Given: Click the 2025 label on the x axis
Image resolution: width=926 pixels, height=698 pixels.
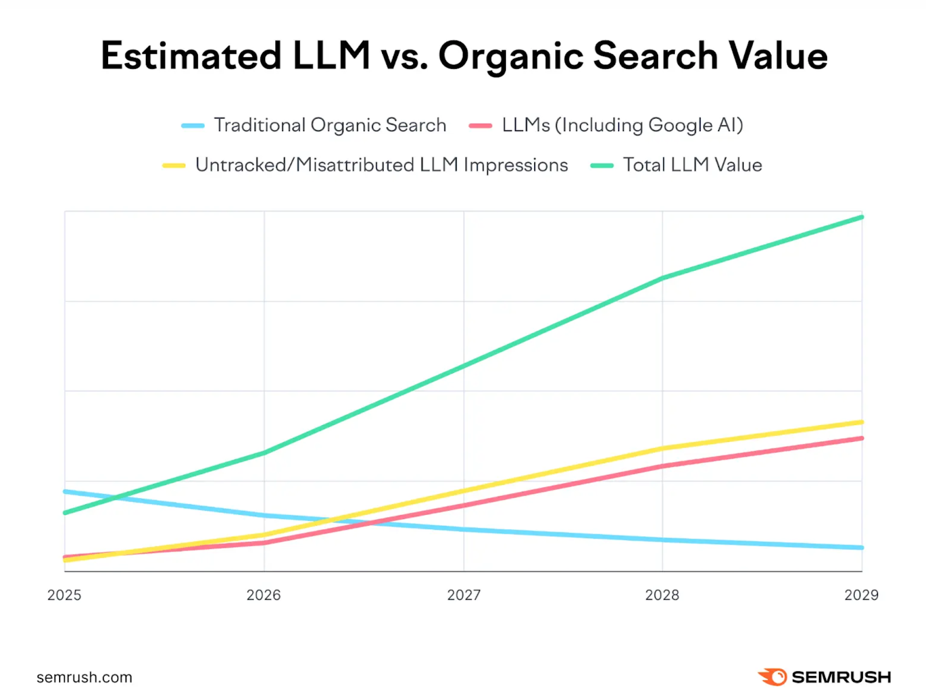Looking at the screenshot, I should point(64,595).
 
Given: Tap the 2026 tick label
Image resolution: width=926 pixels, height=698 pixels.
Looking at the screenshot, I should point(263,595).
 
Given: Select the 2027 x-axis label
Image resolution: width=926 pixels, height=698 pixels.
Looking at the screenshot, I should point(464,595).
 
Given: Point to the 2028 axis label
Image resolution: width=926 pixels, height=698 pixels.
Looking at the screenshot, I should point(662,595).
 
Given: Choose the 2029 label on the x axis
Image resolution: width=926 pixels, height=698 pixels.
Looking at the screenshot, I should point(861,595).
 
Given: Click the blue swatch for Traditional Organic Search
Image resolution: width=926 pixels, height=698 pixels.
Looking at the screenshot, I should point(193,125).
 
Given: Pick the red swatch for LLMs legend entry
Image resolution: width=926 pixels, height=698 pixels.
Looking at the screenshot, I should point(480,125).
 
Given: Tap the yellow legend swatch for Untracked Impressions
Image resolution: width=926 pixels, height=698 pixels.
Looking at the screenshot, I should point(174,165).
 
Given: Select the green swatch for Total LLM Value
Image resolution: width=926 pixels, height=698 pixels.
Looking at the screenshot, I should point(601,165).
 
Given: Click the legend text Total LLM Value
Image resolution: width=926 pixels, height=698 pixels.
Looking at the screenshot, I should point(692,165).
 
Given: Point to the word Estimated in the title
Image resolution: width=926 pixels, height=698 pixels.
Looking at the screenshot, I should point(191,56).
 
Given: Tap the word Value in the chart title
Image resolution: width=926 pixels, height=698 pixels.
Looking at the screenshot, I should point(778,56).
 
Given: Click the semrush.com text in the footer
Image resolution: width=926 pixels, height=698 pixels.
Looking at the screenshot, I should point(84,677).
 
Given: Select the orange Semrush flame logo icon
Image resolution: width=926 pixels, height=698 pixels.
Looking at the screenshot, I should point(773,677).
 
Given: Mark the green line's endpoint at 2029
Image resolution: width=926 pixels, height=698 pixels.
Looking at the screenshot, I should point(862,217).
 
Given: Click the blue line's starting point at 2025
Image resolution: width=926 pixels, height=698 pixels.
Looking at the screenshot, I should point(65,492).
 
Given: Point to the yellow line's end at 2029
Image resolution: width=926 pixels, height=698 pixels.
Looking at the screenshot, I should point(862,422).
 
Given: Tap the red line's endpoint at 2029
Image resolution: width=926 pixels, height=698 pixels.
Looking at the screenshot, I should point(862,438).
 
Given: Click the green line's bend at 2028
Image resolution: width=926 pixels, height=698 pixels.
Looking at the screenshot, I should point(663,278).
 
